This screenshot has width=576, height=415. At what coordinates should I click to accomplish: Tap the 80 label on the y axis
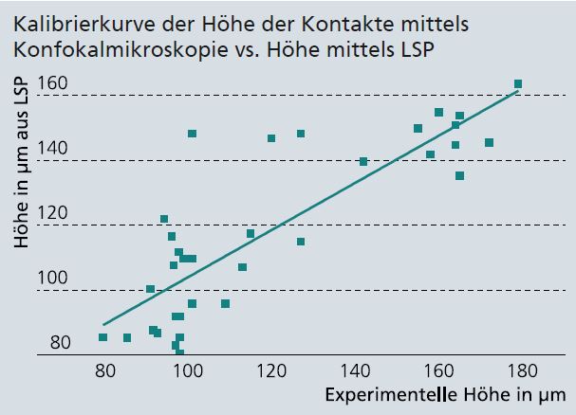(60, 342)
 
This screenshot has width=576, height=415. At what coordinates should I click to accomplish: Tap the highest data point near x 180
(518, 84)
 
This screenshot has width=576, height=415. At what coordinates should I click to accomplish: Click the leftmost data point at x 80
(103, 336)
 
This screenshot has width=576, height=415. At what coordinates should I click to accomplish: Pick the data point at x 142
(363, 161)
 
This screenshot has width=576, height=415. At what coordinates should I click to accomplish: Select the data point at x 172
(489, 143)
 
